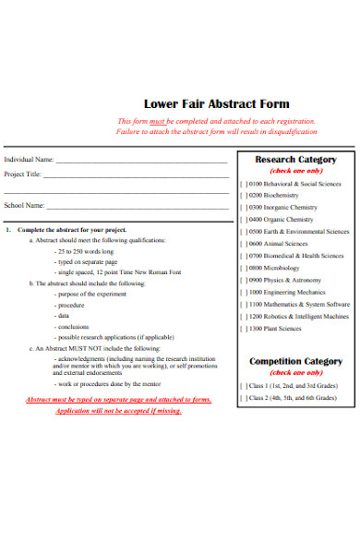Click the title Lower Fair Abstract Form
click(216, 103)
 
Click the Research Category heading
click(294, 160)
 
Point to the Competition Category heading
click(295, 361)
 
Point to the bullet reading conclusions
click(73, 326)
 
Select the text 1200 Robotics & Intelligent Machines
click(299, 316)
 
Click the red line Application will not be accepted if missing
click(118, 411)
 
